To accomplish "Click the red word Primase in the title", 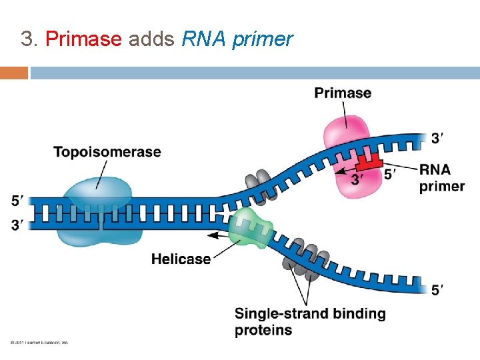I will (83, 39).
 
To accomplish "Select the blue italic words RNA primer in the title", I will (237, 39).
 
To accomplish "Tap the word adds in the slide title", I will (152, 39).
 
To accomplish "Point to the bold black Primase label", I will (343, 93).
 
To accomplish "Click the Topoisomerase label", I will (107, 152).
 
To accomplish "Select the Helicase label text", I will (181, 259).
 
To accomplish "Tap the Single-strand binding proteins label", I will (309, 321).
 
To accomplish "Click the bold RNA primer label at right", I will (442, 178).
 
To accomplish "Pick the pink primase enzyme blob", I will (348, 133).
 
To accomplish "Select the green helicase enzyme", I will (248, 227).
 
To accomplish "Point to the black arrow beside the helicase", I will (220, 235).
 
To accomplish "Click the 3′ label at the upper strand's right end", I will (437, 138).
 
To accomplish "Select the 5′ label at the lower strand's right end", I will (437, 290).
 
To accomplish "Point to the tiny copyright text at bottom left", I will (39, 343).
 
